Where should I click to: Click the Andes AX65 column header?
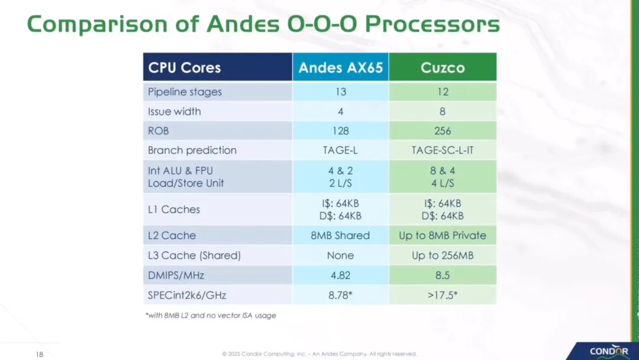[341, 67]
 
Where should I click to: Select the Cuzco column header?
[443, 67]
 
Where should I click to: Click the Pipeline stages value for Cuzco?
[443, 92]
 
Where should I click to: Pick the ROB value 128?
[341, 131]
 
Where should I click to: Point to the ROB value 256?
[443, 131]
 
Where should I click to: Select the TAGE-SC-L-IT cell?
[443, 150]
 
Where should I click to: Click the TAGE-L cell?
[340, 150]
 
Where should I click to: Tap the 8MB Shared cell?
[340, 235]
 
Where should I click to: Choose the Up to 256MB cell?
[443, 256]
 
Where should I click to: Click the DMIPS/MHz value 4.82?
[341, 275]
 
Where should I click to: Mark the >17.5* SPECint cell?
[443, 295]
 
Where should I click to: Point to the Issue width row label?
[175, 111]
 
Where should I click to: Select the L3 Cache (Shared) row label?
[195, 256]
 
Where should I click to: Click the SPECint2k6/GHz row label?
[187, 295]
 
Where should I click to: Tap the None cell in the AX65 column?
[340, 256]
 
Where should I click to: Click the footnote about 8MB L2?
[211, 315]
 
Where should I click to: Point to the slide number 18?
[40, 354]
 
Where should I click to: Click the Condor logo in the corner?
[609, 352]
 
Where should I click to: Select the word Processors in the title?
[432, 24]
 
